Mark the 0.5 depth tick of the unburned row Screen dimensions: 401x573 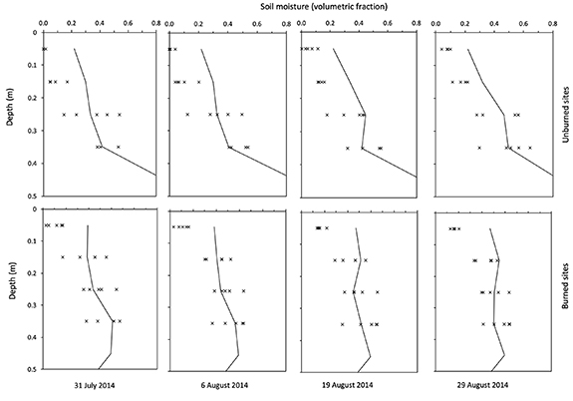point(32,198)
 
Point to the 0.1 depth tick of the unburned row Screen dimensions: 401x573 point(32,68)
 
